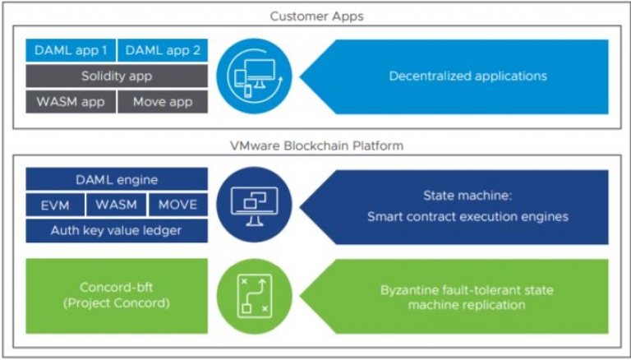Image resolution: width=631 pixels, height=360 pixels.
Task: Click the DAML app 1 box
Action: coord(71,50)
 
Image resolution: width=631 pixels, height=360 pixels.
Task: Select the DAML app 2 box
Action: coord(163,50)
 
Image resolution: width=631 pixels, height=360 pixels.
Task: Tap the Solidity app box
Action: coord(117,76)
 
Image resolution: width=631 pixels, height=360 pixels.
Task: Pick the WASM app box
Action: coord(71,101)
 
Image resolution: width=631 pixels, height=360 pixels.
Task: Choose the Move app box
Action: coord(163,101)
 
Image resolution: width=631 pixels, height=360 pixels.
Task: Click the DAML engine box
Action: coord(117,179)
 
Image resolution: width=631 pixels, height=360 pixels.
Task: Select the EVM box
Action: coord(55,205)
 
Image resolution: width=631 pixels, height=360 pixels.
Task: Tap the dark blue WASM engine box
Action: coord(117,205)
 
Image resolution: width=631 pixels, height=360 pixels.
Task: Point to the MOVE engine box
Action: coord(177,205)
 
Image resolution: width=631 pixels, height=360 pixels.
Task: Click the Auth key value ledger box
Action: coord(117,231)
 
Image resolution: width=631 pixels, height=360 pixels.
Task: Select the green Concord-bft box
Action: coord(117,296)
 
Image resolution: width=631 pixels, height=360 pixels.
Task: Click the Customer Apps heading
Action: coord(316,16)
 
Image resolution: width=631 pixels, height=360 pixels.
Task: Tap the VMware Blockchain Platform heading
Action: coord(316,145)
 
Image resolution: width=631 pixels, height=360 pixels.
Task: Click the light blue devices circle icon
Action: coord(254,76)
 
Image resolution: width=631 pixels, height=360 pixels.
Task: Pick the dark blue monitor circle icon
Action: coord(254,205)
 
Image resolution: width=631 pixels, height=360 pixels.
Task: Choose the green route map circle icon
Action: coord(254,297)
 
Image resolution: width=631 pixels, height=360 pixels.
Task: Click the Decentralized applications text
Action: coord(468,76)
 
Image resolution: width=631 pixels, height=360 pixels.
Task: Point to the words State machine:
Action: coord(467,196)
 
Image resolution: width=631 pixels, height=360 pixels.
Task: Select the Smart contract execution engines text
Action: coord(467,217)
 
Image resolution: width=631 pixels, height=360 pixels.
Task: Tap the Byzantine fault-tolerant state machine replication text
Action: coord(467,298)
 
